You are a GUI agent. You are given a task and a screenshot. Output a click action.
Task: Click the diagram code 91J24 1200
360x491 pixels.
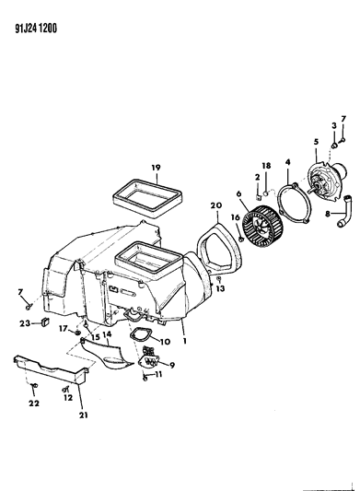coord(36,29)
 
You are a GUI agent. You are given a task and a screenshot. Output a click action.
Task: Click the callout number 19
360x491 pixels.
coord(156,168)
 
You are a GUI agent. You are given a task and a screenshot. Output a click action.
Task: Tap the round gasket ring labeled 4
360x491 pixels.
coord(295,205)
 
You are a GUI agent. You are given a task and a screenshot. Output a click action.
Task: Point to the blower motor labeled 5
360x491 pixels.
coord(327,179)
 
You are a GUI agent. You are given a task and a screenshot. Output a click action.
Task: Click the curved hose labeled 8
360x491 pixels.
coord(343,211)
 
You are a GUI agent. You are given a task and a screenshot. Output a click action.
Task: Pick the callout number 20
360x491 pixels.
coord(216,205)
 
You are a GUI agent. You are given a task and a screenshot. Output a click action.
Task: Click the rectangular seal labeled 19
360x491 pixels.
coord(147,198)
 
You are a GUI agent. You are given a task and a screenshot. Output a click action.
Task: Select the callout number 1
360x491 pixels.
coord(185,340)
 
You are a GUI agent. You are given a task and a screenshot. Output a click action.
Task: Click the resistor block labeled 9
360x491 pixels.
coord(149,358)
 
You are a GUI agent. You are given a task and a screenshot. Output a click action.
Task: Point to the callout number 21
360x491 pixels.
coord(83,415)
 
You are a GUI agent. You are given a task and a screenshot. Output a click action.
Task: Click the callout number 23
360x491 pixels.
coord(25,323)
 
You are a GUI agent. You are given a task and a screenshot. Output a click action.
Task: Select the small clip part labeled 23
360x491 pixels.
coord(46,321)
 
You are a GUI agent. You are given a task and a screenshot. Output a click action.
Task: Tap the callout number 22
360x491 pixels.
coord(34,403)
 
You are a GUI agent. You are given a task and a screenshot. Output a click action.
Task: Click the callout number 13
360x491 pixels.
coord(220,288)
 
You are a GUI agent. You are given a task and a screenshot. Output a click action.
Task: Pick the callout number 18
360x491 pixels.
coord(266,165)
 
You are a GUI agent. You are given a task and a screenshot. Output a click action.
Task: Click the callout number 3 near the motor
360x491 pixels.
coord(334,125)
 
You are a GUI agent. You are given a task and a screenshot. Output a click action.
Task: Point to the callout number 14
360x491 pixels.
coord(107,334)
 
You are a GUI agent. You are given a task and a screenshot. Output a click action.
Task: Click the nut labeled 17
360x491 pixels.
coord(77,332)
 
